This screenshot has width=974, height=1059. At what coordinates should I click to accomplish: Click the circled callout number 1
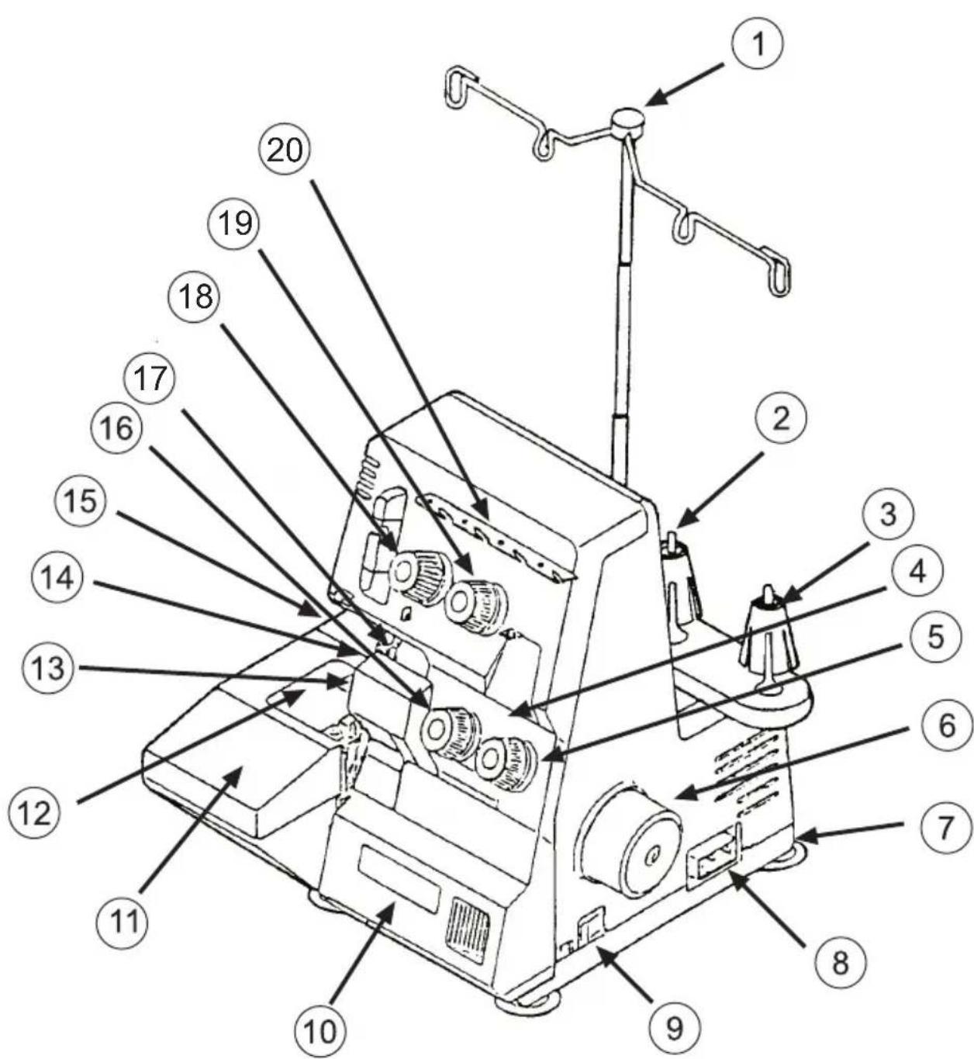coord(758,45)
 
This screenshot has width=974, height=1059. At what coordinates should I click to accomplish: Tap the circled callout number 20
coord(285,150)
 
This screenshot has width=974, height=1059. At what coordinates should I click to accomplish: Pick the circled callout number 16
coord(118,428)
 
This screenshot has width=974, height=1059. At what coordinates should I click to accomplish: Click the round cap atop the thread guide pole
coord(628,121)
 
